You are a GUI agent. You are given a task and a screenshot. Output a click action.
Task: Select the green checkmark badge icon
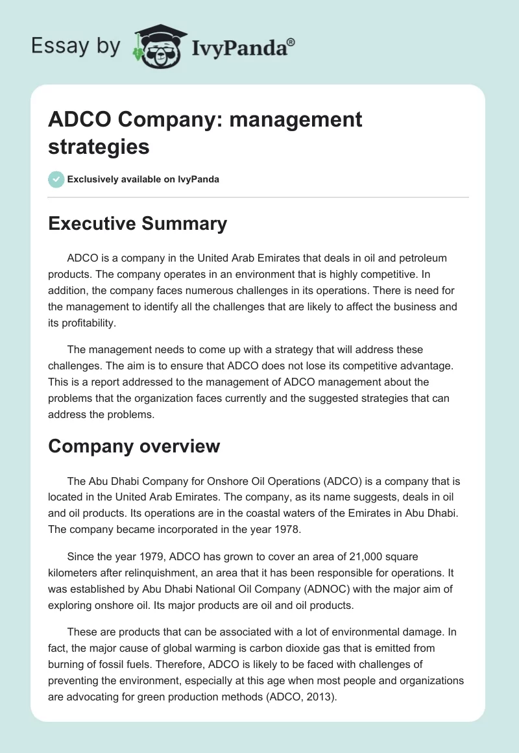click(56, 179)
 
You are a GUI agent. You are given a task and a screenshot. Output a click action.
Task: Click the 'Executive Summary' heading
click(138, 224)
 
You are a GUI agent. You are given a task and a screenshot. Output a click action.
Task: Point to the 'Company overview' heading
click(134, 446)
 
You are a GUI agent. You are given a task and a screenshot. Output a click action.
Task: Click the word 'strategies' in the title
click(99, 146)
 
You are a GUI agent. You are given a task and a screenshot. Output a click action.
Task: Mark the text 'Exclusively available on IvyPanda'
click(143, 179)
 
